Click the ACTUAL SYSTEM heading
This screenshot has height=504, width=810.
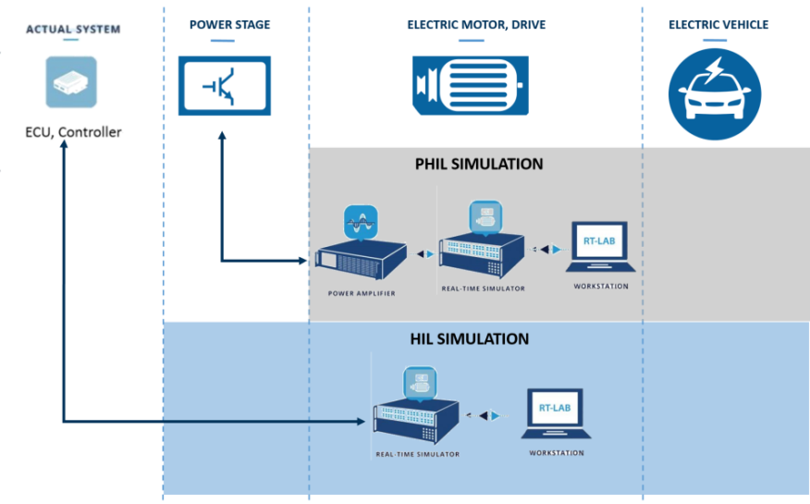pyautogui.click(x=73, y=30)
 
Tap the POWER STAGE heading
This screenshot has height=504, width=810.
pyautogui.click(x=229, y=25)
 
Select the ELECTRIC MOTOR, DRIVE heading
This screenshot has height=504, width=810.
pyautogui.click(x=476, y=25)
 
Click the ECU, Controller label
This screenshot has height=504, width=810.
pyautogui.click(x=73, y=132)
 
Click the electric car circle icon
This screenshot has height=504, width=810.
pyautogui.click(x=715, y=93)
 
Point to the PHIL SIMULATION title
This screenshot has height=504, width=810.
pyautogui.click(x=478, y=165)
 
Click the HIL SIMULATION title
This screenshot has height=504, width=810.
pyautogui.click(x=469, y=339)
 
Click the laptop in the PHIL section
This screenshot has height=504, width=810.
pyautogui.click(x=600, y=250)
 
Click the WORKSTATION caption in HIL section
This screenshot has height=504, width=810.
pyautogui.click(x=556, y=453)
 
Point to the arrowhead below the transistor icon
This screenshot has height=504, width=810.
pyautogui.click(x=222, y=137)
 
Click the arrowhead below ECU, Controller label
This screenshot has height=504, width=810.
pyautogui.click(x=63, y=146)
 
